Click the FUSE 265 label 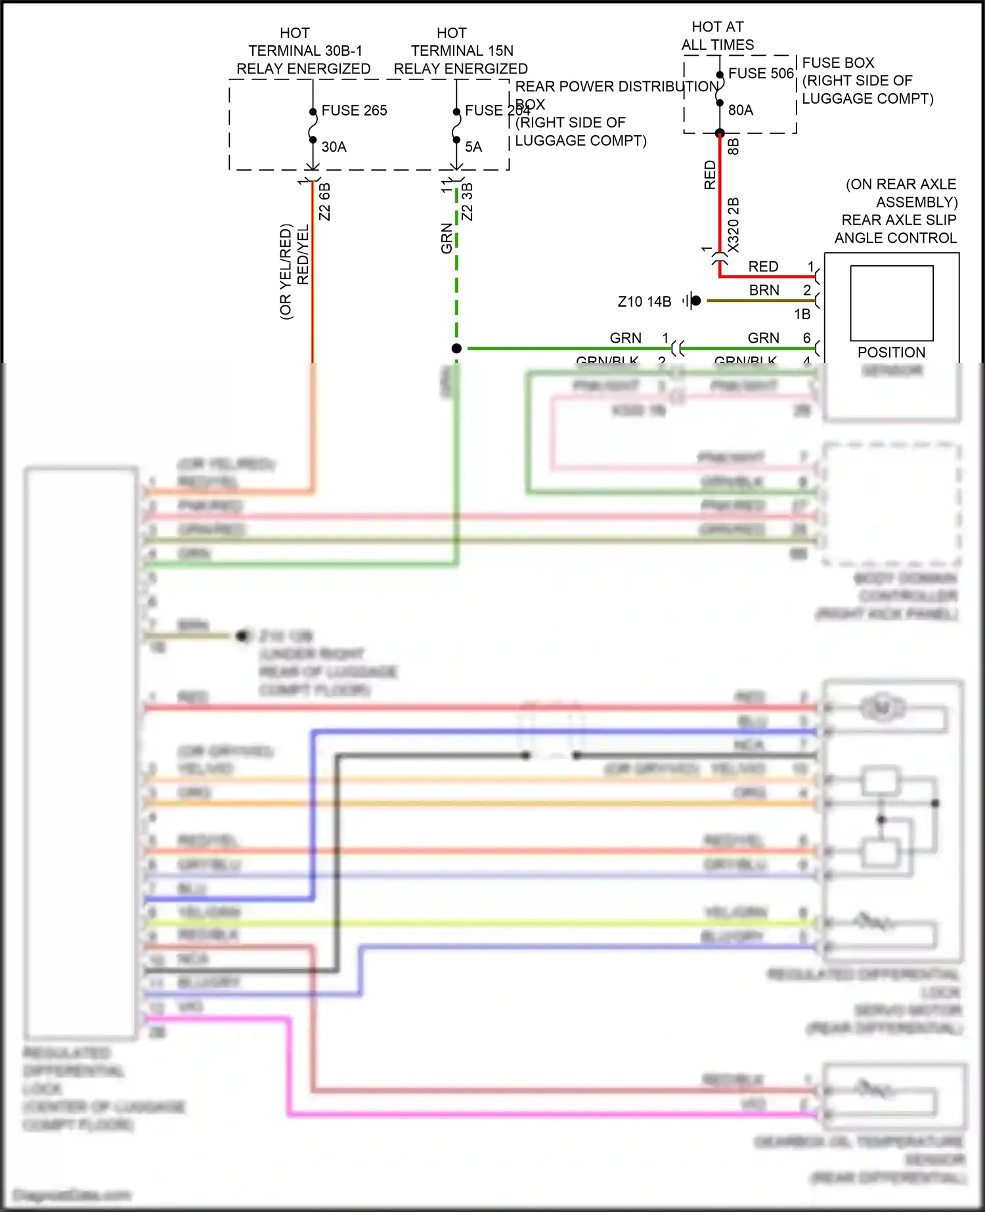(x=354, y=110)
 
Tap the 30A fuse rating (x=334, y=147)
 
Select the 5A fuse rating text (x=473, y=147)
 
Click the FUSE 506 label (x=760, y=74)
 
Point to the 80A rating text (x=740, y=110)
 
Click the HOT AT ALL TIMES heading (x=717, y=36)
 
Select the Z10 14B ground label (x=644, y=301)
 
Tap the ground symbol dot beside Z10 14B (x=695, y=301)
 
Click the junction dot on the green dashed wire (x=456, y=349)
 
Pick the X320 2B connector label (x=733, y=225)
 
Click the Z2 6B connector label (x=324, y=202)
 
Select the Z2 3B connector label (x=467, y=202)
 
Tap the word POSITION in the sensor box (x=891, y=353)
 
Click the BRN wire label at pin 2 (x=764, y=290)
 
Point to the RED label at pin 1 (x=763, y=267)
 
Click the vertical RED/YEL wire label (x=303, y=255)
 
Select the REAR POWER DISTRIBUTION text (x=616, y=87)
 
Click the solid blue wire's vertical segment (x=313, y=814)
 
